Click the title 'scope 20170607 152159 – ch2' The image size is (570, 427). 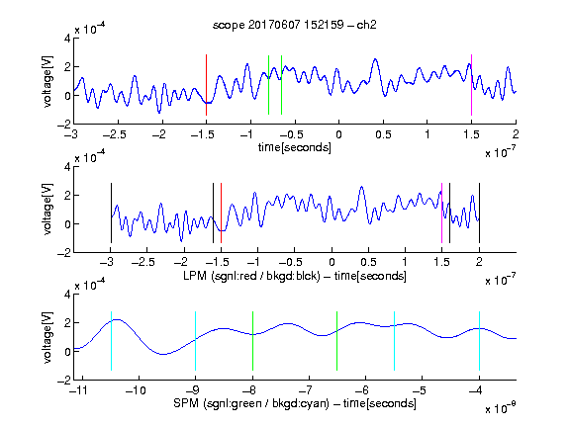(x=295, y=25)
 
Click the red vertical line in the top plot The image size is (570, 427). (x=206, y=85)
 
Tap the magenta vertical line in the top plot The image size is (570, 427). (x=471, y=85)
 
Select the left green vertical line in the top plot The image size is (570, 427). (x=268, y=85)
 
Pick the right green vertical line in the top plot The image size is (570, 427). (x=281, y=85)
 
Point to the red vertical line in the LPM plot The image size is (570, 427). (x=221, y=213)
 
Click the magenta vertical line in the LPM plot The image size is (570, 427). (x=441, y=213)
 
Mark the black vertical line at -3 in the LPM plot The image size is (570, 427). (x=111, y=213)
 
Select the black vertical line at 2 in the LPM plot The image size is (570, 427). (x=479, y=213)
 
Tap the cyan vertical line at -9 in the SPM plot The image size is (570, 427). (x=196, y=341)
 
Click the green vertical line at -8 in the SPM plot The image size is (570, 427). (x=252, y=341)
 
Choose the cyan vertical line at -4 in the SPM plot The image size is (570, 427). (x=479, y=341)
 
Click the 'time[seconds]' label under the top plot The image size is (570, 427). (x=295, y=147)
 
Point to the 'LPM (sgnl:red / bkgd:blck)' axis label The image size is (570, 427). (x=251, y=276)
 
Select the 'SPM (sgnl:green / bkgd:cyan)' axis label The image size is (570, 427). (x=251, y=403)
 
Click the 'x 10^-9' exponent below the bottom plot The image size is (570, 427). (x=501, y=407)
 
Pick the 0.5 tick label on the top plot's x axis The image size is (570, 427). (x=383, y=134)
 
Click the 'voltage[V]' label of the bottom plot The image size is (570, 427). (x=47, y=337)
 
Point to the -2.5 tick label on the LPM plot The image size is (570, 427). (x=142, y=262)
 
